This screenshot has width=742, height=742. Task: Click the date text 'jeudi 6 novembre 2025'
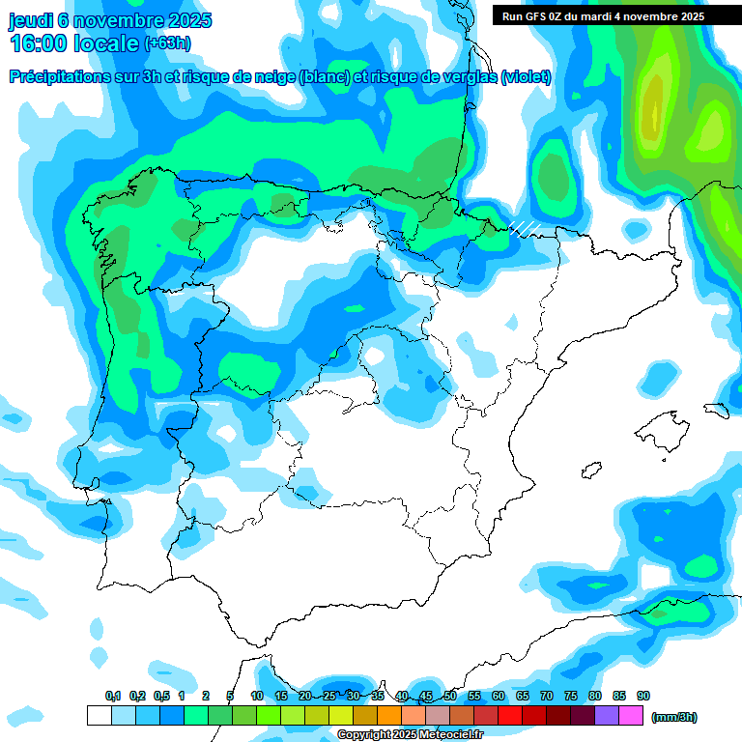[110, 20]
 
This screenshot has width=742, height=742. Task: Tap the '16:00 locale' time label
[73, 43]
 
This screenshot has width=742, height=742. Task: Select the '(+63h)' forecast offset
[167, 43]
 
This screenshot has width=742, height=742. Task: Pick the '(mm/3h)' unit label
[673, 717]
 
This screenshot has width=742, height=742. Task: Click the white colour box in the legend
[100, 716]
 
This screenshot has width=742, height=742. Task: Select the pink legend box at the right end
[631, 716]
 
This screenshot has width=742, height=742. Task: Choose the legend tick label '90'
[643, 697]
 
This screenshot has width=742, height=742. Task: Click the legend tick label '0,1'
[112, 697]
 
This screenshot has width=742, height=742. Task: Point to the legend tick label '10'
[257, 697]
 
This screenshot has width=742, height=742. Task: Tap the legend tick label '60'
[499, 697]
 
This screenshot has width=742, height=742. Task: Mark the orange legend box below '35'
[389, 716]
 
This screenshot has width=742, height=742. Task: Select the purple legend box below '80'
[607, 716]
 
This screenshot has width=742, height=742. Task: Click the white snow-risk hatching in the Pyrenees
[525, 228]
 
